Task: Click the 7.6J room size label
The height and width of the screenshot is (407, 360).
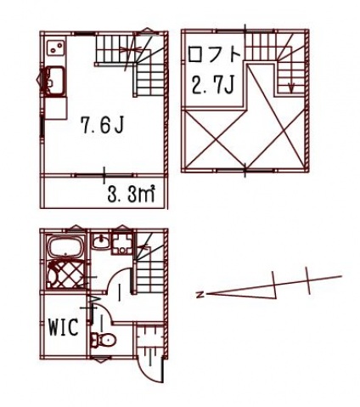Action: tap(103, 127)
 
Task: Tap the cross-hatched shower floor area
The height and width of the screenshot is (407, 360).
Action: tap(68, 276)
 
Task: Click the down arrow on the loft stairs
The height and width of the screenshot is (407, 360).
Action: tap(290, 85)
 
